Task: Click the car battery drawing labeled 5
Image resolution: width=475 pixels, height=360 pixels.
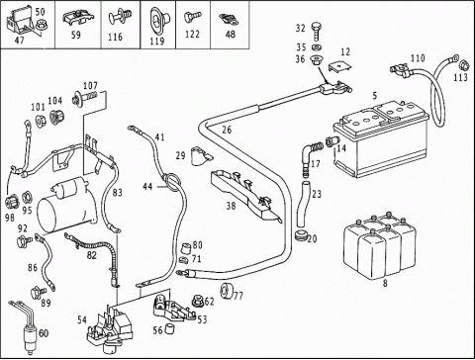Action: pyautogui.click(x=381, y=138)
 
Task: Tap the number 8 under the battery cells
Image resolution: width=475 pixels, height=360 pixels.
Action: pyautogui.click(x=385, y=283)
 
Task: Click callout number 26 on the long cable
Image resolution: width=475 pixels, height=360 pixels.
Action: pyautogui.click(x=227, y=130)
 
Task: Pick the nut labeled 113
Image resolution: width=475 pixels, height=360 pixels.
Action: pyautogui.click(x=463, y=65)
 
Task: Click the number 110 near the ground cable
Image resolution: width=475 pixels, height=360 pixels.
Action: pyautogui.click(x=418, y=58)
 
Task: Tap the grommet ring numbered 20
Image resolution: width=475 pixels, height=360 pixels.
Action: pyautogui.click(x=300, y=236)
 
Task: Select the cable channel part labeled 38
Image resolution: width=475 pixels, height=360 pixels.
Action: pyautogui.click(x=245, y=195)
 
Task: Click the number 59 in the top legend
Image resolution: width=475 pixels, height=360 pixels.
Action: pyautogui.click(x=76, y=35)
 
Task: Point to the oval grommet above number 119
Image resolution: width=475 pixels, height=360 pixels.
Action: pyautogui.click(x=158, y=21)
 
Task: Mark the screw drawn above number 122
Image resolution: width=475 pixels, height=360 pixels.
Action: pyautogui.click(x=192, y=17)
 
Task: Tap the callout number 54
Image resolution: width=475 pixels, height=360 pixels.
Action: pyautogui.click(x=82, y=319)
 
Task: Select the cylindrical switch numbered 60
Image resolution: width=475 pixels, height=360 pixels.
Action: pyautogui.click(x=29, y=339)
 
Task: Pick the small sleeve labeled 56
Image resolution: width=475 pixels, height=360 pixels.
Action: pyautogui.click(x=169, y=329)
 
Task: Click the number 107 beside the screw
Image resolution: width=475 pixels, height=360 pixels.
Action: pyautogui.click(x=90, y=86)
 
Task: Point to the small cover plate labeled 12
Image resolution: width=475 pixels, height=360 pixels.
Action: pyautogui.click(x=339, y=66)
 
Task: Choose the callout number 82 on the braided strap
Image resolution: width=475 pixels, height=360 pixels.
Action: pyautogui.click(x=92, y=255)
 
